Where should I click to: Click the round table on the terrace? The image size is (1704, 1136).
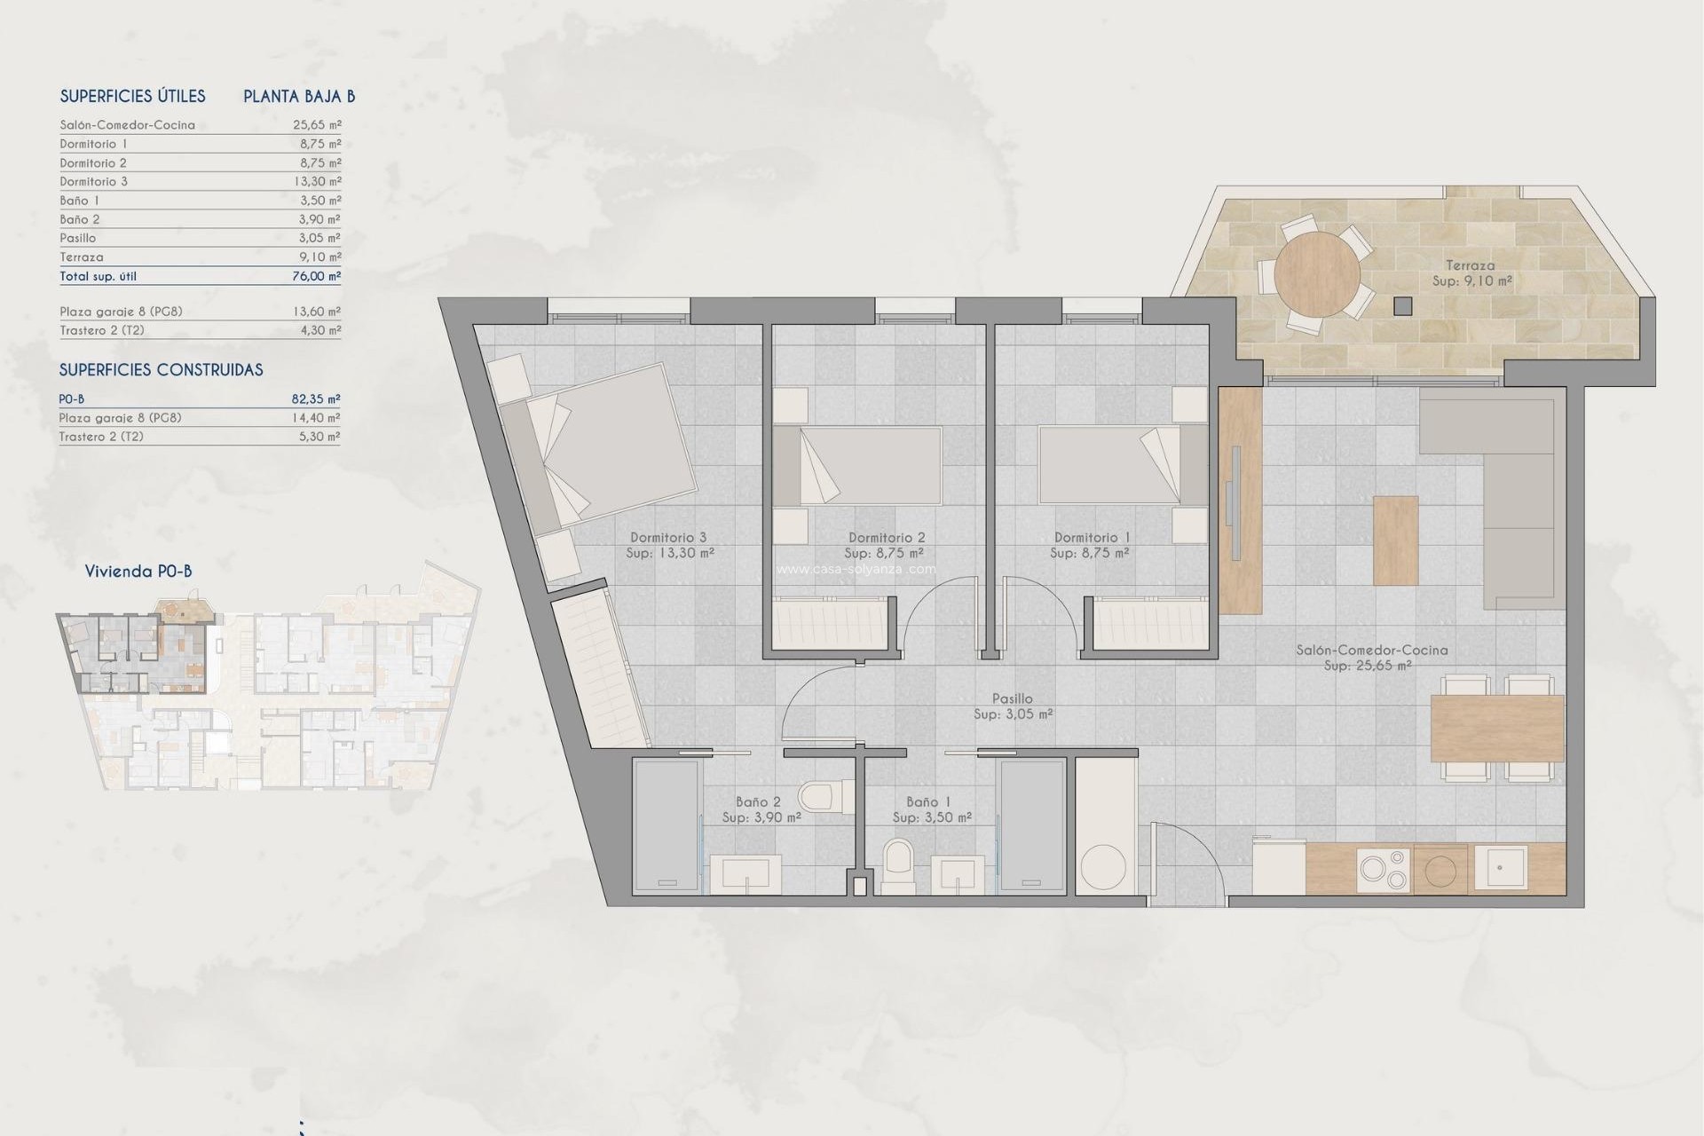pos(1317,274)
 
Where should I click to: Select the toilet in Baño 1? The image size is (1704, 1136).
pos(897,864)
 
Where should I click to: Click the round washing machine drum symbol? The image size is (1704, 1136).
pos(1103,865)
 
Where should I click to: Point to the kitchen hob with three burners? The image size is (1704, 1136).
pos(1384,869)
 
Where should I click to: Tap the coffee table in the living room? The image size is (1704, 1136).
pos(1395,540)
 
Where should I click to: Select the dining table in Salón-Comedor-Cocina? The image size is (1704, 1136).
pos(1496,729)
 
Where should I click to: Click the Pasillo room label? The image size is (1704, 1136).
pos(1013,699)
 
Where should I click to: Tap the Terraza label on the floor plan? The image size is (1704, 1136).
pos(1470,265)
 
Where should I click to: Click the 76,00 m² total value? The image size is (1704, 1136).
pos(317,276)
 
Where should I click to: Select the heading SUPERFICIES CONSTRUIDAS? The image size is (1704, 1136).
pos(161,370)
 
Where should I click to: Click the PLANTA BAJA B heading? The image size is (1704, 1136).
pos(299,97)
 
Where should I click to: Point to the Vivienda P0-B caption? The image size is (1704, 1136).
pos(138,572)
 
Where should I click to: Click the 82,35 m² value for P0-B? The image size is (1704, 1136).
pos(316,399)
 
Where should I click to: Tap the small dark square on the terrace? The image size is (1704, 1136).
pos(1402,306)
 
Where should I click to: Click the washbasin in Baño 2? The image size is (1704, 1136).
pos(745,873)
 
